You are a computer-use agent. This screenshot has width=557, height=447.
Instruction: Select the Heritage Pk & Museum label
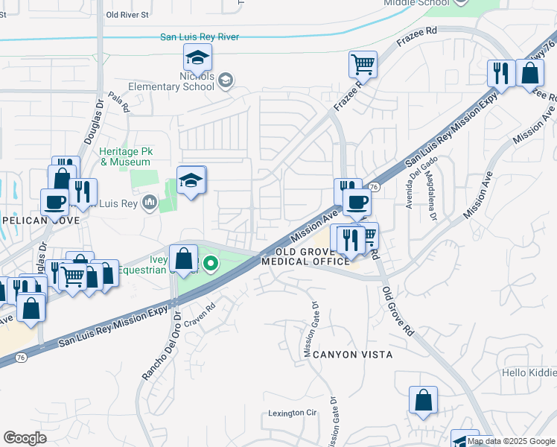[x=125, y=156]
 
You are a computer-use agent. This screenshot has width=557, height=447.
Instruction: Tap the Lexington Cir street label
[x=293, y=413]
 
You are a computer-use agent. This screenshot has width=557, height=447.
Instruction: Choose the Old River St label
[x=127, y=14]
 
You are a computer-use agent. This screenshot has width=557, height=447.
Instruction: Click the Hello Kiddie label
[x=529, y=372]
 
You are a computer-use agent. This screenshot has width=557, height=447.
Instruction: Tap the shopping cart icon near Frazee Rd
[x=363, y=64]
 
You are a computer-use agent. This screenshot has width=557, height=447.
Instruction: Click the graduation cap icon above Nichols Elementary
[x=198, y=57]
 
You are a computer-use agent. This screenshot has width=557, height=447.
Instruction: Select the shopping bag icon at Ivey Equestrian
[x=183, y=259]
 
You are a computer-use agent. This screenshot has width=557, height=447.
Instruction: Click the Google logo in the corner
[x=25, y=437]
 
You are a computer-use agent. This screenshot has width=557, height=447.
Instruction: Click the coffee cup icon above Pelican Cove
[x=56, y=201]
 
